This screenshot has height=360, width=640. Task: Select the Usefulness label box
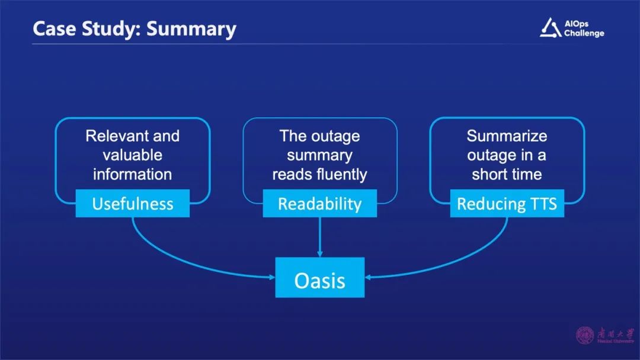(x=133, y=204)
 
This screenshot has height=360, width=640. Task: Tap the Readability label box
(x=319, y=204)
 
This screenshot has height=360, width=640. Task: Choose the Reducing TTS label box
(x=507, y=204)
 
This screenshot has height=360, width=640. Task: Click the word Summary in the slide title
(x=191, y=29)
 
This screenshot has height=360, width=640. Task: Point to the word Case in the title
(x=53, y=29)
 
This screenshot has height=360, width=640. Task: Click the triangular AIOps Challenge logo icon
(x=550, y=27)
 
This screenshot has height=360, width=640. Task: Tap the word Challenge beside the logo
(x=584, y=33)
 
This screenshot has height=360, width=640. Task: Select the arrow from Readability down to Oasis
(x=319, y=237)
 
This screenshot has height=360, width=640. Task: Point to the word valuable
(x=132, y=155)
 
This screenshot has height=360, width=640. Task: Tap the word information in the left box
(x=132, y=174)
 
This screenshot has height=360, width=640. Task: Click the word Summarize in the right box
(x=507, y=136)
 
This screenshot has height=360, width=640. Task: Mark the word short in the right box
(x=491, y=174)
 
